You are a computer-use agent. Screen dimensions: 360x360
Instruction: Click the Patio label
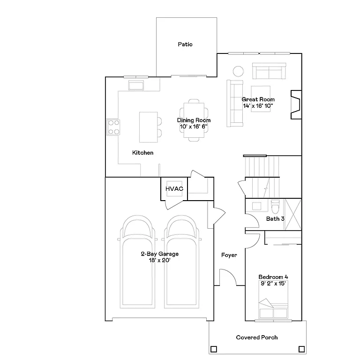pyautogui.click(x=185, y=45)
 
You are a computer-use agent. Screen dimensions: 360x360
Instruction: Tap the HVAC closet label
pyautogui.click(x=174, y=189)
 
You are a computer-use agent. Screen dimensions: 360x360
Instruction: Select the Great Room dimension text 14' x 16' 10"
pyautogui.click(x=258, y=106)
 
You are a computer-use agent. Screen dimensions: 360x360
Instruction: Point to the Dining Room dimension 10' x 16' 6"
pyautogui.click(x=194, y=127)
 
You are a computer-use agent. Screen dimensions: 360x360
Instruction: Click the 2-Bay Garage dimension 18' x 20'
pyautogui.click(x=160, y=260)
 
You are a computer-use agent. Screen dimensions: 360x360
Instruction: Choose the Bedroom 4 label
pyautogui.click(x=273, y=277)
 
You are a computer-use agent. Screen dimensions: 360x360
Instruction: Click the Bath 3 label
pyautogui.click(x=275, y=219)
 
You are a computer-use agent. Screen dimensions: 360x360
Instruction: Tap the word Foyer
pyautogui.click(x=229, y=255)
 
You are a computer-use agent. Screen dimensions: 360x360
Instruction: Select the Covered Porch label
pyautogui.click(x=256, y=337)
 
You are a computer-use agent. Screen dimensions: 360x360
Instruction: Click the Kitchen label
pyautogui.click(x=143, y=153)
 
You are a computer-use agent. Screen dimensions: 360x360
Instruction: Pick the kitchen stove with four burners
pyautogui.click(x=113, y=127)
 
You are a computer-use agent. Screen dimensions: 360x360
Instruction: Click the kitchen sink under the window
pyautogui.click(x=137, y=85)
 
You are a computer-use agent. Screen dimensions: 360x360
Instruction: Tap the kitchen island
pyautogui.click(x=148, y=127)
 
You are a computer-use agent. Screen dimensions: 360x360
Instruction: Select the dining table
pyautogui.click(x=194, y=120)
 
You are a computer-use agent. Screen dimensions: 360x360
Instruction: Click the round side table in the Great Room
pyautogui.click(x=239, y=71)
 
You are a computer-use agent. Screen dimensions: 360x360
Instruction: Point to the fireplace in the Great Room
pyautogui.click(x=295, y=104)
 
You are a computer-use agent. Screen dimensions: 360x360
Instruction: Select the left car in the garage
pyautogui.click(x=137, y=262)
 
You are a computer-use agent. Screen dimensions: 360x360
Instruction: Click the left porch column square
pyautogui.click(x=214, y=349)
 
